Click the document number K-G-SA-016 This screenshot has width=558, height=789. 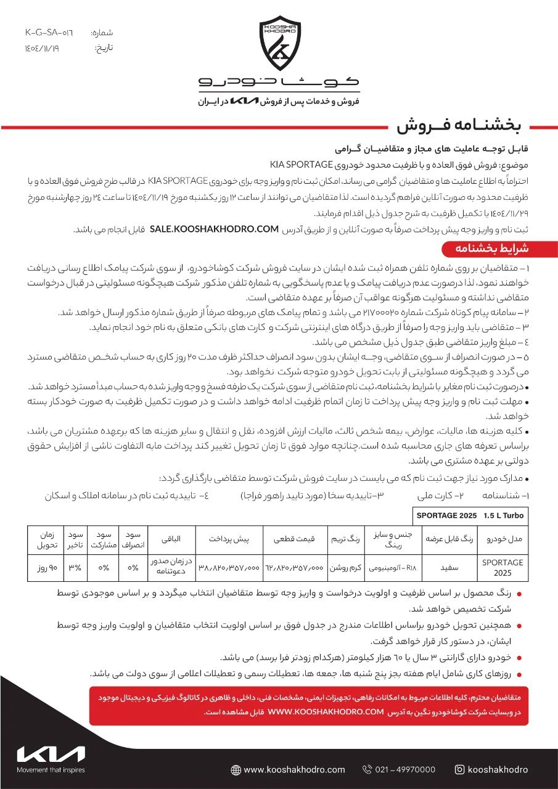point(49,32)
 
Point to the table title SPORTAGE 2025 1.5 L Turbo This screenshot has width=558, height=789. point(469,515)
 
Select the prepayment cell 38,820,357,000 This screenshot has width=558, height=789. point(229,567)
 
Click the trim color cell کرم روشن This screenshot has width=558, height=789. point(347,567)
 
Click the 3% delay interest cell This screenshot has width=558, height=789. point(75,567)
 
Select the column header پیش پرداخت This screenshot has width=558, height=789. point(229,538)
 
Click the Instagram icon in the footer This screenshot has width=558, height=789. point(459,769)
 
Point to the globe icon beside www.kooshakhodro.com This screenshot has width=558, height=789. point(236,769)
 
